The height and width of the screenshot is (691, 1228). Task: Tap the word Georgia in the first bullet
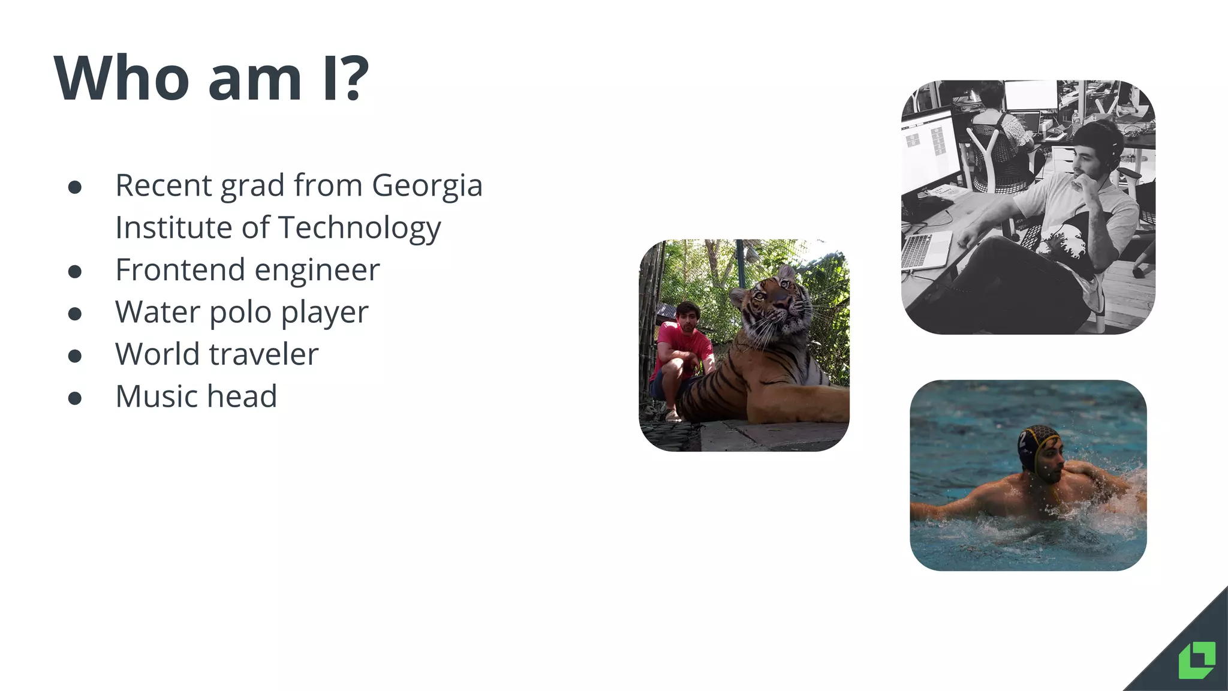pos(427,185)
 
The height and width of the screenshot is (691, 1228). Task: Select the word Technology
pos(359,228)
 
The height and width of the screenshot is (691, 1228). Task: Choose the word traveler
pos(264,354)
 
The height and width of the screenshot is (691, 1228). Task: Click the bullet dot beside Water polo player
pos(75,314)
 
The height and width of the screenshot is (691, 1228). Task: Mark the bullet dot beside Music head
pos(75,398)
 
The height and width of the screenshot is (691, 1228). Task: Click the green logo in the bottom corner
pos(1197,660)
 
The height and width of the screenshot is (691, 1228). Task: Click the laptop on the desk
pos(926,249)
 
